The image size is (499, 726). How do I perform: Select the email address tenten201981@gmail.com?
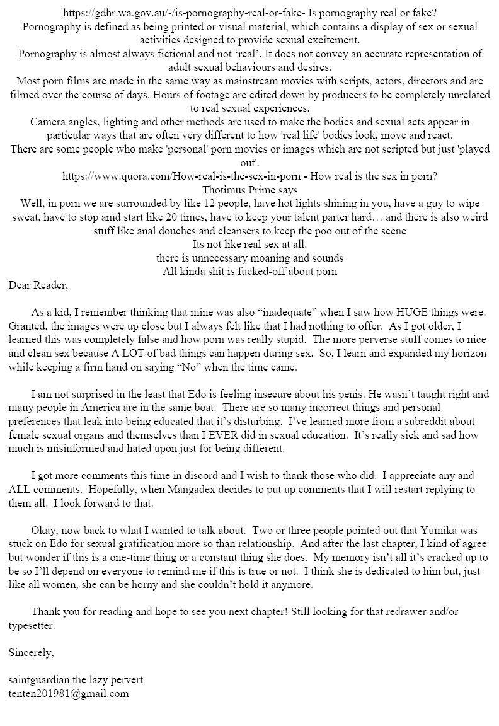[x=69, y=693]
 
